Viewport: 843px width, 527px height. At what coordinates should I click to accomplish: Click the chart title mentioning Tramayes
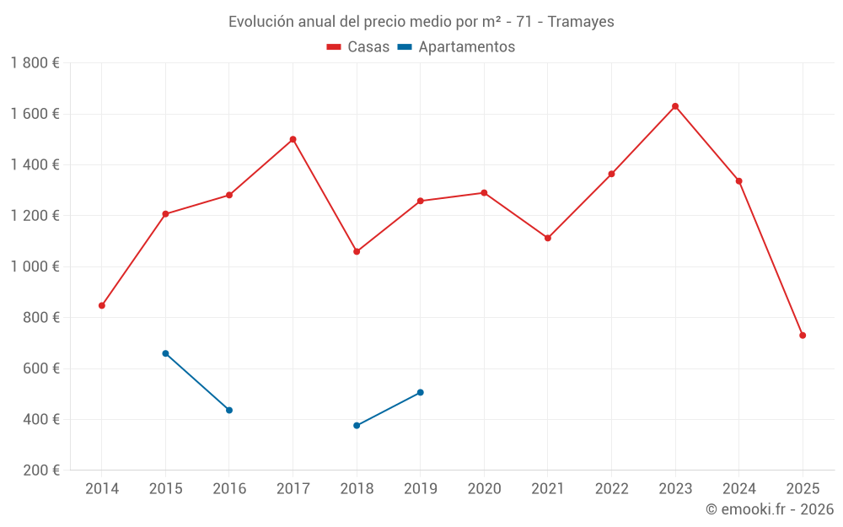[421, 21]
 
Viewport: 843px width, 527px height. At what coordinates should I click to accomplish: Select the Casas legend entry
[358, 47]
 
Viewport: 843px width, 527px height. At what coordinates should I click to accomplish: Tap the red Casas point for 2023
[675, 106]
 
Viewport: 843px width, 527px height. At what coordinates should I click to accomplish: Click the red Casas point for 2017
[293, 139]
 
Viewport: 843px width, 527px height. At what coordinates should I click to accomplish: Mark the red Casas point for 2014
[102, 305]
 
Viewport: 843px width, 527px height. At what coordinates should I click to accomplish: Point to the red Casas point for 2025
[803, 336]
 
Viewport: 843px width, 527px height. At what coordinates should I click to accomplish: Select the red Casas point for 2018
[357, 251]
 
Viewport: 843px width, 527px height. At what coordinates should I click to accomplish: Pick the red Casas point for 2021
[548, 238]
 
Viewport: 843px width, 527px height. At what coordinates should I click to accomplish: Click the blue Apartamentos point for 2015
[165, 353]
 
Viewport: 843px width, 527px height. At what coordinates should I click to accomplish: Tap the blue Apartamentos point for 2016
[229, 410]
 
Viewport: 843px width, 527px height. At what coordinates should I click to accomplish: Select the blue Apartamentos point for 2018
[357, 426]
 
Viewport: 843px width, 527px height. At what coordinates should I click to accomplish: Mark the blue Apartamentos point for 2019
[420, 392]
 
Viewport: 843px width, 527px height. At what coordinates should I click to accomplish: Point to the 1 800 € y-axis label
[35, 63]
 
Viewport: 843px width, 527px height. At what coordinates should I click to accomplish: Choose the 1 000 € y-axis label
[35, 266]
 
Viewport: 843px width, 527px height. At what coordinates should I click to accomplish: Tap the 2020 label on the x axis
[484, 489]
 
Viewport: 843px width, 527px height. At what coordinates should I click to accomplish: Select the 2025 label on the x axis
[803, 489]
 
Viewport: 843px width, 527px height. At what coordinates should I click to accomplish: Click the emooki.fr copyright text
[769, 509]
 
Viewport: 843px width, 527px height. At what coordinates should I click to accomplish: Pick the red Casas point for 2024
[738, 181]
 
